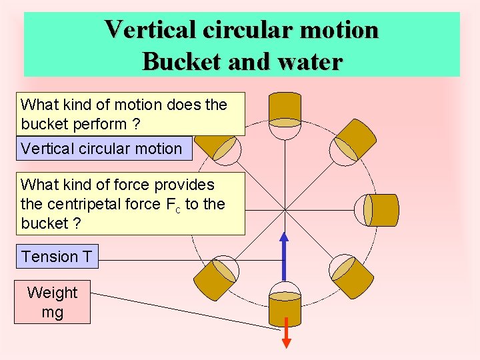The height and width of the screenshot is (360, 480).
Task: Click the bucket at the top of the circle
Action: tap(285, 109)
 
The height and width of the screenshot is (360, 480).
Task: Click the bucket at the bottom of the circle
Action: tap(285, 310)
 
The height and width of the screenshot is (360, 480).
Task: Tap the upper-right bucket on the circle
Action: tap(354, 140)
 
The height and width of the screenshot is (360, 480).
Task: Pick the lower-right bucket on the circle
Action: tap(353, 277)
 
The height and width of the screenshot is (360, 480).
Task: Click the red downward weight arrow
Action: tap(285, 337)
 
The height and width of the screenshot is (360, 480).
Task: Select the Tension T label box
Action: tap(57, 256)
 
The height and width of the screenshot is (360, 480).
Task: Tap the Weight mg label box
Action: tap(52, 302)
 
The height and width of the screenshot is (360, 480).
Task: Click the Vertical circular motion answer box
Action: tap(101, 149)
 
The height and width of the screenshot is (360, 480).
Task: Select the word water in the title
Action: tap(309, 61)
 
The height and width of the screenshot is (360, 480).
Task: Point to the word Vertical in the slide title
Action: tap(150, 29)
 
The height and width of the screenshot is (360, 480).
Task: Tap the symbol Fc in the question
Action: tap(173, 205)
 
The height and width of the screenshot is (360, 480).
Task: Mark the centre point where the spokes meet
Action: tap(285, 210)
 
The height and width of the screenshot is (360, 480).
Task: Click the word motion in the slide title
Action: tap(340, 29)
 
